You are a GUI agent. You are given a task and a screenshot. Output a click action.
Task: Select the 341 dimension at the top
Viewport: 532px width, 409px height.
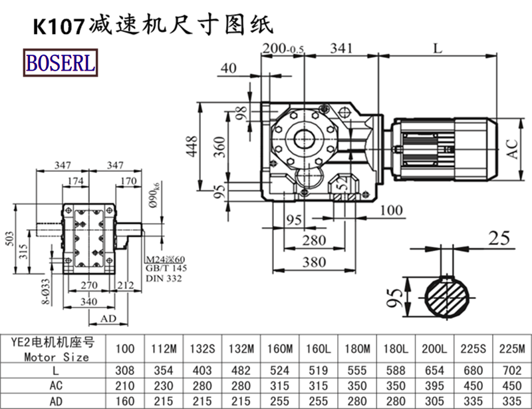point(340,49)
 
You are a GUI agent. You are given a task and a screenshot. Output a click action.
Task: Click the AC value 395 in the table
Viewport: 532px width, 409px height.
point(434,385)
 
